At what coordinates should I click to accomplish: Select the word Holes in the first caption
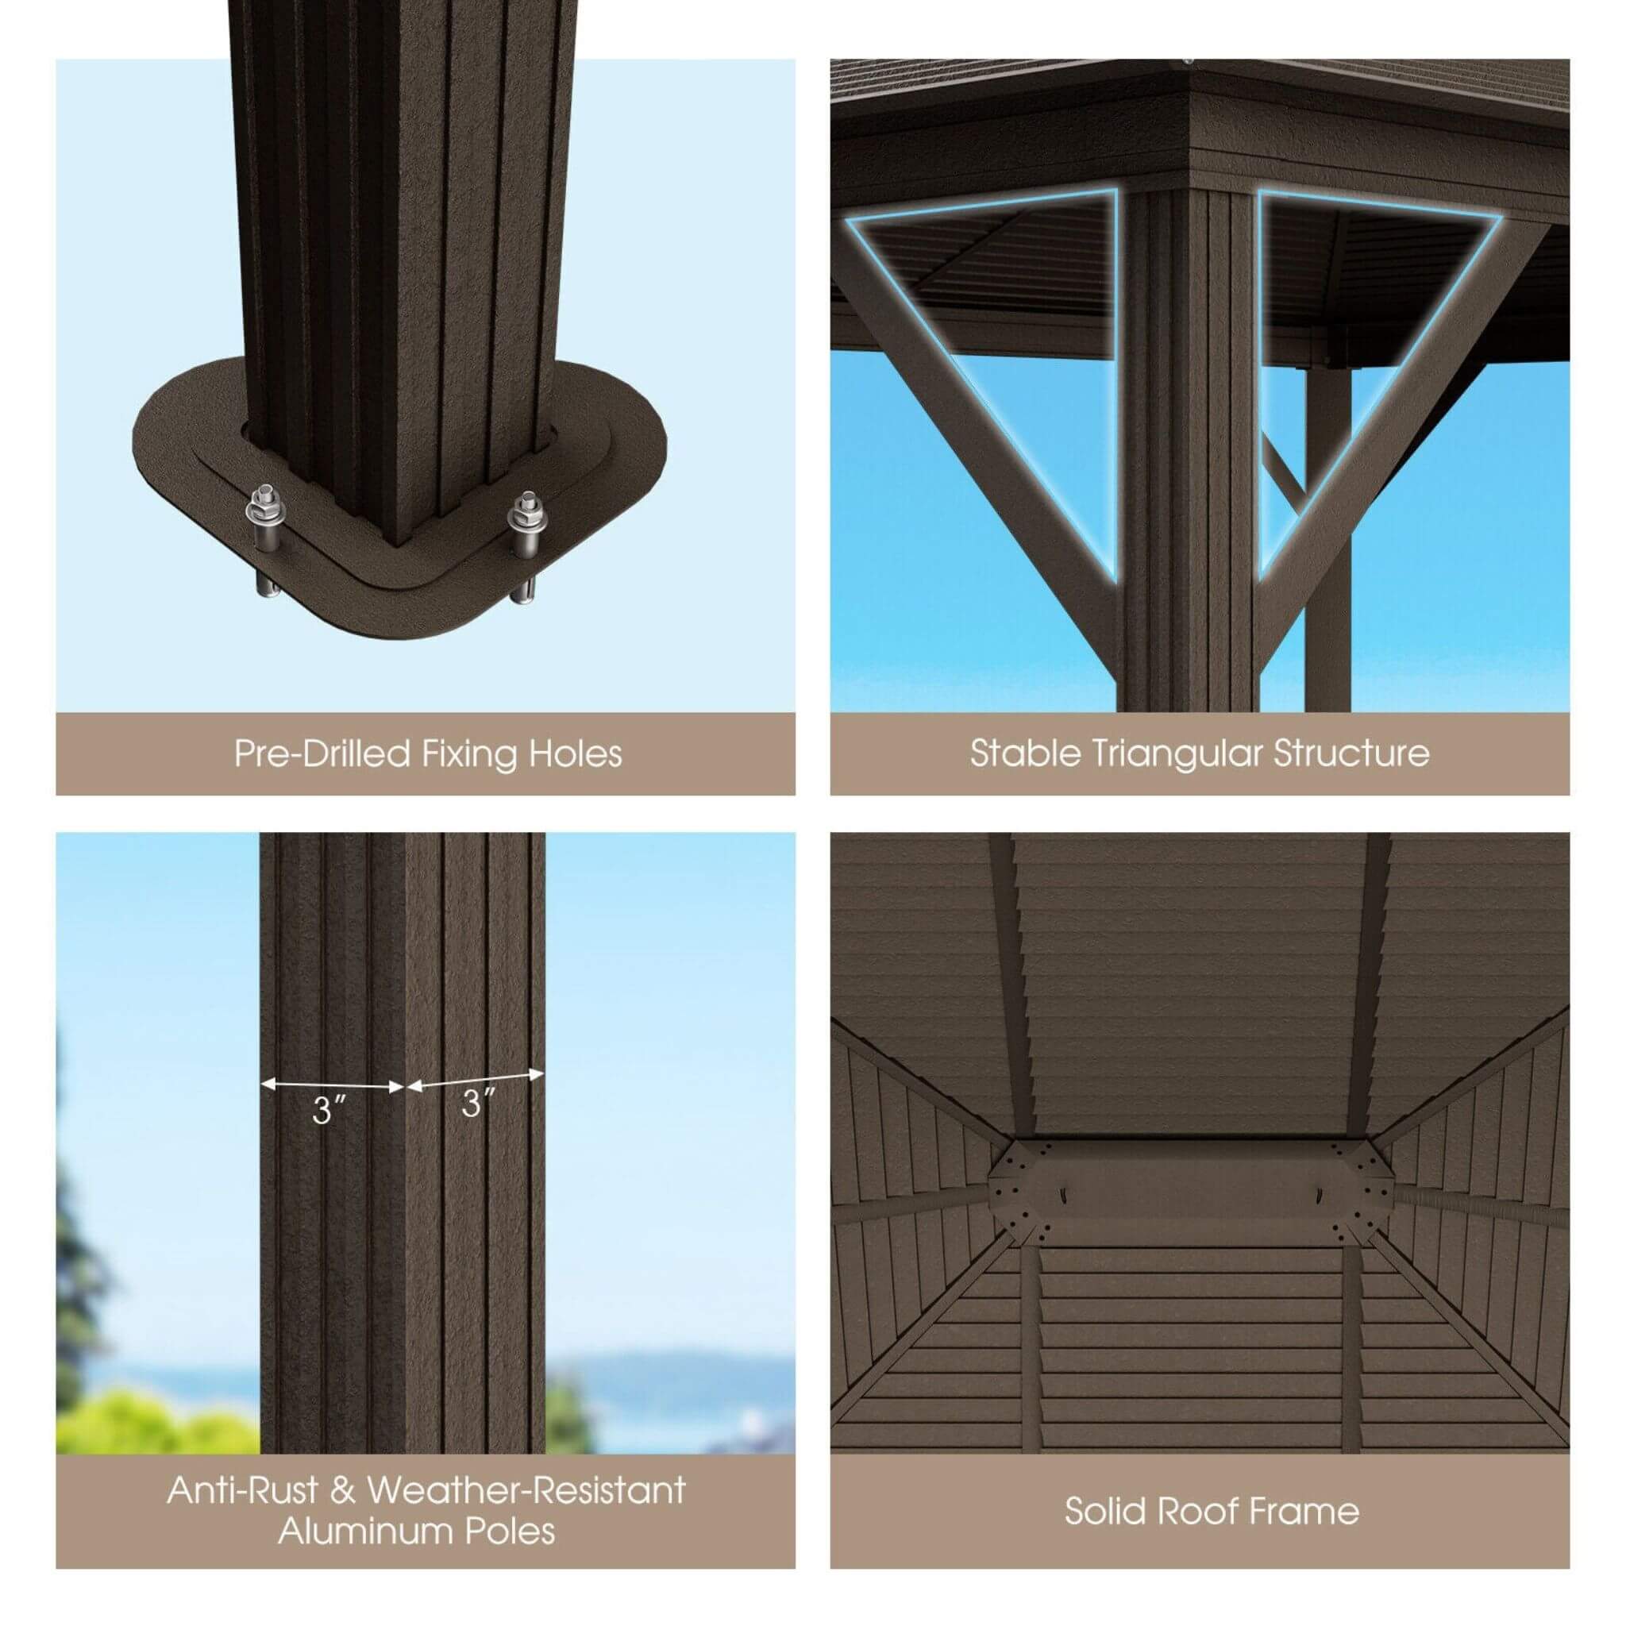click(576, 753)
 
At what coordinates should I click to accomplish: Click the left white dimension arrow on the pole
click(333, 1085)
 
